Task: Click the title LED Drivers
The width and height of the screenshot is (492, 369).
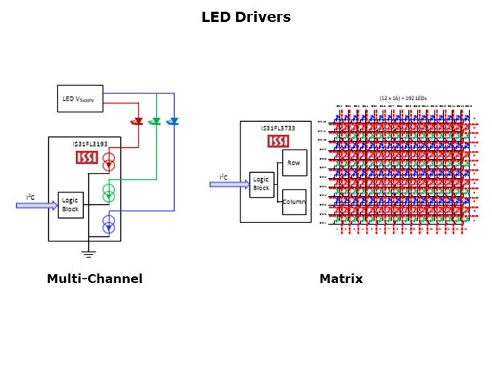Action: [x=246, y=17]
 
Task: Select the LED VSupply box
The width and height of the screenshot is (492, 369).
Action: [x=80, y=98]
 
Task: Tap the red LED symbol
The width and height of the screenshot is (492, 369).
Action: [x=136, y=121]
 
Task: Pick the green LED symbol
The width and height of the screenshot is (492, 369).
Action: [x=155, y=121]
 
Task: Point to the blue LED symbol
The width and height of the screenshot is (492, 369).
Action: [x=173, y=121]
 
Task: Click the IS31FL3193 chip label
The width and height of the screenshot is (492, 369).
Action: [x=90, y=144]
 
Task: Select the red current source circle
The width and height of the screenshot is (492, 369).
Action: [x=109, y=162]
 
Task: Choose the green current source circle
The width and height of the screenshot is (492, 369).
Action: [x=109, y=193]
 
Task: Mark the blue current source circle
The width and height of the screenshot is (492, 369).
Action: [x=109, y=224]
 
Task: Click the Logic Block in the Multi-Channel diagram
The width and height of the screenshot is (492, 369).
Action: [x=71, y=205]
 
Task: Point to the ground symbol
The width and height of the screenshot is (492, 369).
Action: [x=88, y=254]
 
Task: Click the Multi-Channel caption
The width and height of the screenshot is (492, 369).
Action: [x=94, y=279]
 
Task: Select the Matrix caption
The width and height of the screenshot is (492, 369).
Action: [x=340, y=279]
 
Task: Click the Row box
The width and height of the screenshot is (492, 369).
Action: [x=294, y=163]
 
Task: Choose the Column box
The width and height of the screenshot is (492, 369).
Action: [x=294, y=201]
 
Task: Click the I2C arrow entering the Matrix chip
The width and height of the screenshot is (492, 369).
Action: [x=228, y=184]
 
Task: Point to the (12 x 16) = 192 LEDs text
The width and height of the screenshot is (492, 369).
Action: [x=405, y=97]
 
